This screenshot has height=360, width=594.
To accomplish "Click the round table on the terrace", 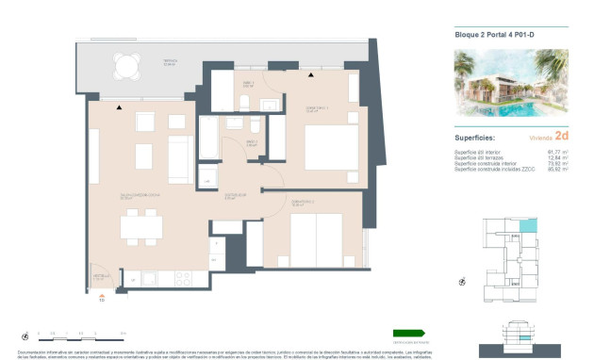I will pyautogui.click(x=124, y=65).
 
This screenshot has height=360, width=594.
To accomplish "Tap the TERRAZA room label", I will pyautogui.click(x=170, y=61).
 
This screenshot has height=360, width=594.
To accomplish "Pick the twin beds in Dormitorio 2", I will pyautogui.click(x=316, y=238).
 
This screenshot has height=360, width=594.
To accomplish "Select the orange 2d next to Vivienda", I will pyautogui.click(x=561, y=136).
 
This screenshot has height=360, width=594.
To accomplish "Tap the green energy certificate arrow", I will pyautogui.click(x=409, y=332).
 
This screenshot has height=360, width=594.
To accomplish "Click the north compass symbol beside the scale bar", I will pyautogui.click(x=24, y=334).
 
